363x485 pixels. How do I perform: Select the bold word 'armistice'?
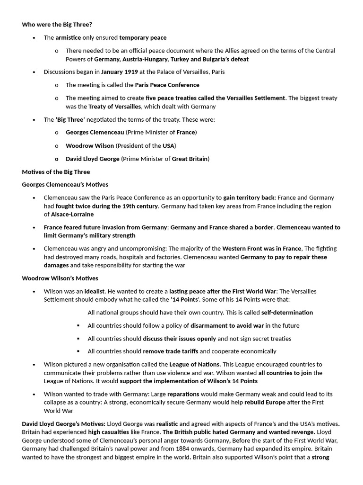coord(68,37)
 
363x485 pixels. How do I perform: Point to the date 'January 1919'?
coord(119,72)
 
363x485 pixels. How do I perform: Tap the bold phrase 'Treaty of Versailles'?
coord(115,107)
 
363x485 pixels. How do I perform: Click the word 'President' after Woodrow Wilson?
coord(133,145)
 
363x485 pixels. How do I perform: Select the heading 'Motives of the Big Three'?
coord(56,171)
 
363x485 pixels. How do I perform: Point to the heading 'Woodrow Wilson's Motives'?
coord(60,278)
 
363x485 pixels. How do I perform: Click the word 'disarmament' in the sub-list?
coord(209,325)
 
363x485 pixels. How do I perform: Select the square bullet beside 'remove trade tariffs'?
coord(78,351)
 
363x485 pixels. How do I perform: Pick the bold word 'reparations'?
coord(183,394)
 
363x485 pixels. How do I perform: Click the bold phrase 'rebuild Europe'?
coord(265,402)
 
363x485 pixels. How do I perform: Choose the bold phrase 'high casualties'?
coord(110,431)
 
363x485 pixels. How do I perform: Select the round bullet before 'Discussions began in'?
coord(34,72)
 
